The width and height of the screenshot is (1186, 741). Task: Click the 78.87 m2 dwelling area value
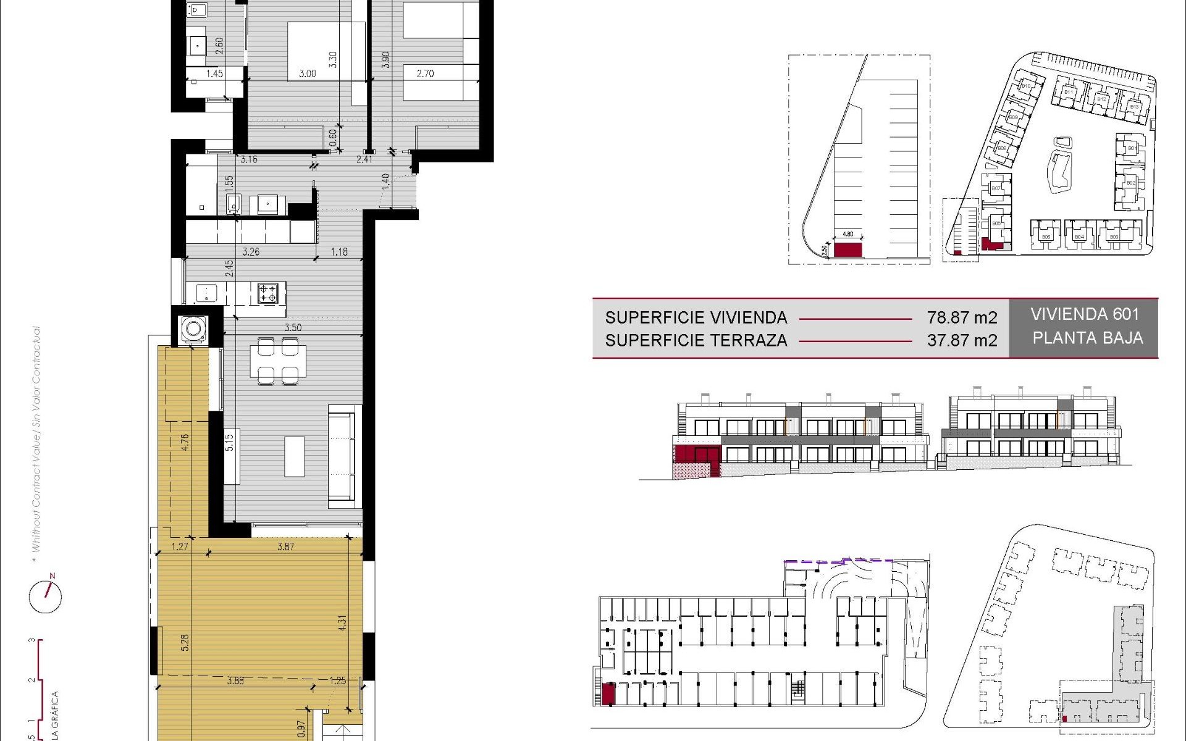962,317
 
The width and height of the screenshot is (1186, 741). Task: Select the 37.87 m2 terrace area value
962,340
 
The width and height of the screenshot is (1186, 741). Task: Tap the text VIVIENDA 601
1084,314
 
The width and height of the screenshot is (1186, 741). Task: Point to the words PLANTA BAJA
1087,338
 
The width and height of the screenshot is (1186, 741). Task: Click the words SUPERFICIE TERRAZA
696,340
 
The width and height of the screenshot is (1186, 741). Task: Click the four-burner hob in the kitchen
267,293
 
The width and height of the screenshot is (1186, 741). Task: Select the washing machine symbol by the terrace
193,328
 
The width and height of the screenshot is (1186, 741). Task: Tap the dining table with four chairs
278,361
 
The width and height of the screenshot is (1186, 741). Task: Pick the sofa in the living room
343,456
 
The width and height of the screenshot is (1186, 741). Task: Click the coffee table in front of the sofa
295,456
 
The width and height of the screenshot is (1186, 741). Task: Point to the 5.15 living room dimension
229,442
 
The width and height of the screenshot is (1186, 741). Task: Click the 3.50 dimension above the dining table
293,327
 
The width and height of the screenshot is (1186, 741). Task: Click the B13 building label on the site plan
1133,107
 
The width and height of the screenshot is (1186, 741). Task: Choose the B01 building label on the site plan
1132,148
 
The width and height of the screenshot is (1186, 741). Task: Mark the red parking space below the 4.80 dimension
847,250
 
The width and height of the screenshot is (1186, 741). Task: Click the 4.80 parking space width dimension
847,234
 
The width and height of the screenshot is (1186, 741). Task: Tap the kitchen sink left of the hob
206,293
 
